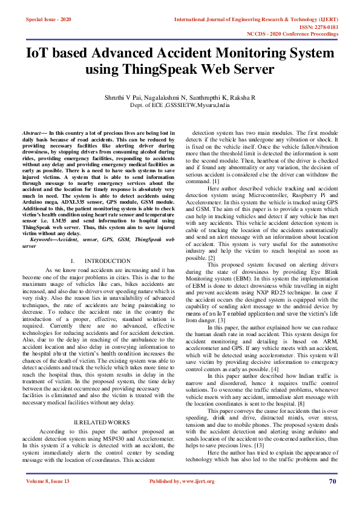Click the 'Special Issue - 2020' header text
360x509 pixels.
(48, 20)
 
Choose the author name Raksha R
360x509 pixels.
(242, 97)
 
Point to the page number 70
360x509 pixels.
(332, 498)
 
